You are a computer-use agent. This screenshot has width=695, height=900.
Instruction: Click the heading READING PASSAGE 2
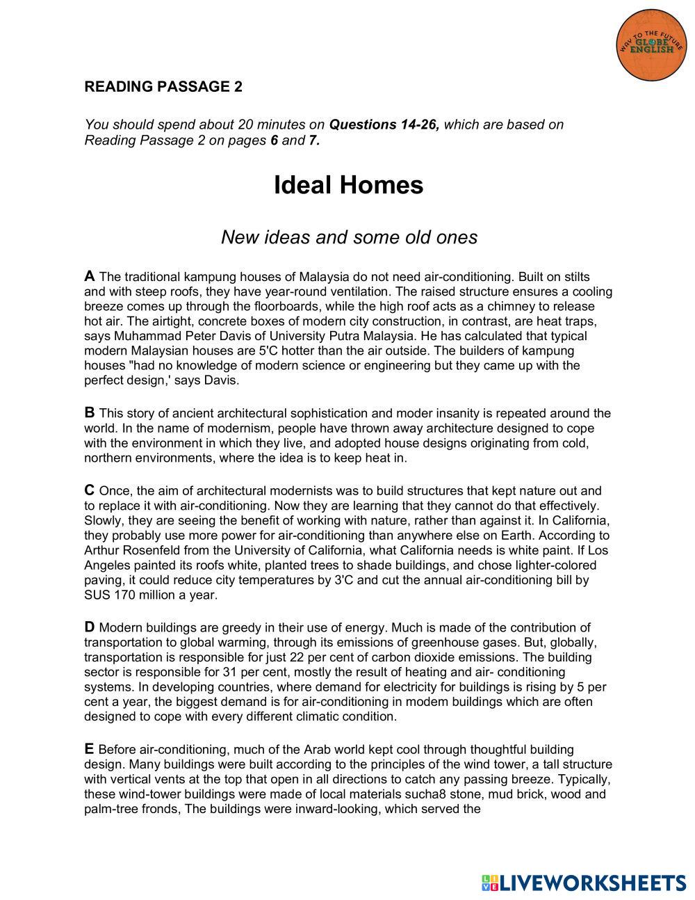163,87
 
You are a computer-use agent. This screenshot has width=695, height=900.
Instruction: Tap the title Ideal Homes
348,185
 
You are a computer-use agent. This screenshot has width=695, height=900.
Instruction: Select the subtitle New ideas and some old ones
349,237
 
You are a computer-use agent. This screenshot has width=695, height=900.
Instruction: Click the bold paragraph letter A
89,276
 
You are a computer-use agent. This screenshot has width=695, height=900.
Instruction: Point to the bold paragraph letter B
89,413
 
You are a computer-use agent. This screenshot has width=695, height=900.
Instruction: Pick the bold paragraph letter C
89,490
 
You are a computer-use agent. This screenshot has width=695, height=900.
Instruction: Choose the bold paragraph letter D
90,627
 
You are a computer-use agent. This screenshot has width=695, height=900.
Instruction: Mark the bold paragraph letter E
89,749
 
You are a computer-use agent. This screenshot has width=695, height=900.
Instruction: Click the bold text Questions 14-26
384,125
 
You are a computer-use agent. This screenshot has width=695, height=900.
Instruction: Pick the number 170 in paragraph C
127,595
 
